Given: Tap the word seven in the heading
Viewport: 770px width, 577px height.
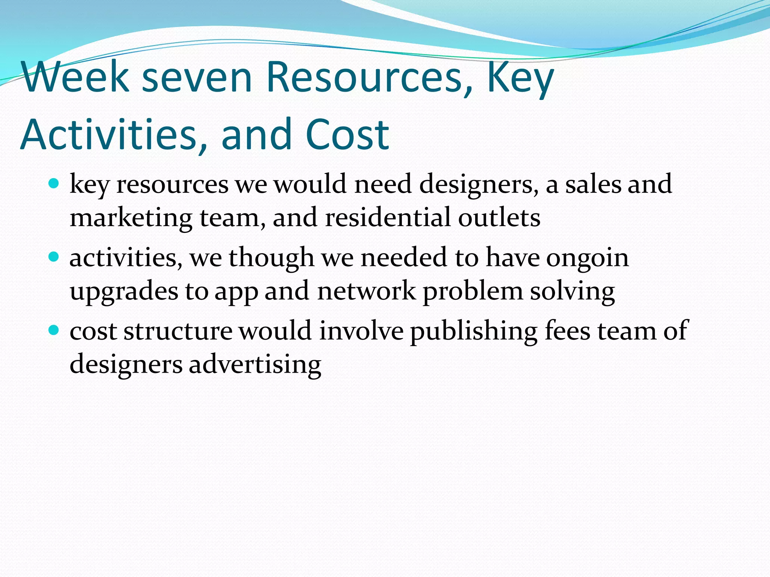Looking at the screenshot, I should (x=197, y=77).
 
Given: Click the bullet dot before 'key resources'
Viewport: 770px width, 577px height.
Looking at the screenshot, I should (x=54, y=184).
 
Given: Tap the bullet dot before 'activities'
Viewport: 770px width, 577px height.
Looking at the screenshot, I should (x=54, y=257).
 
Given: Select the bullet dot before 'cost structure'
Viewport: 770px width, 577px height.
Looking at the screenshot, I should (x=54, y=331).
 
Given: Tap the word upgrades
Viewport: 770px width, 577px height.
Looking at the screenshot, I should (x=124, y=292).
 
